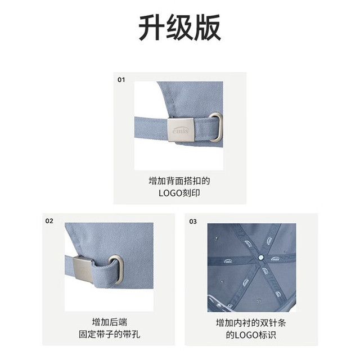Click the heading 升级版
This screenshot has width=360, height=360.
pyautogui.click(x=180, y=28)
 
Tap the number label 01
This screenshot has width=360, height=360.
pyautogui.click(x=121, y=80)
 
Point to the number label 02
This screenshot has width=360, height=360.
pyautogui.click(x=49, y=221)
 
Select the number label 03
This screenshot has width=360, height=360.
pyautogui.click(x=193, y=222)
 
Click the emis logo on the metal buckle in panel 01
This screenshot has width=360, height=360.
pyautogui.click(x=181, y=130)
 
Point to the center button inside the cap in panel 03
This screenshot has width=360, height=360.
pyautogui.click(x=260, y=258)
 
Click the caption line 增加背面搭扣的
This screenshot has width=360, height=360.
pyautogui.click(x=179, y=181)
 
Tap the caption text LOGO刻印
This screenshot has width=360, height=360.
pyautogui.click(x=179, y=193)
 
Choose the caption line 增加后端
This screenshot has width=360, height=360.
pyautogui.click(x=110, y=322)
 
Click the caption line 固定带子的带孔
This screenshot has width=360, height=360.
pyautogui.click(x=110, y=334)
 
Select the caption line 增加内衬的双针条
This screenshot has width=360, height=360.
pyautogui.click(x=251, y=323)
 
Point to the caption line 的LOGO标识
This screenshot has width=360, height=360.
pyautogui.click(x=251, y=335)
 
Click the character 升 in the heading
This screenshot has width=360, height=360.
pyautogui.click(x=152, y=28)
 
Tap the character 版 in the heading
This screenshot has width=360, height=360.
pyautogui.click(x=208, y=28)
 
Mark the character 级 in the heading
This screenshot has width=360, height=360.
pyautogui.click(x=180, y=28)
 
